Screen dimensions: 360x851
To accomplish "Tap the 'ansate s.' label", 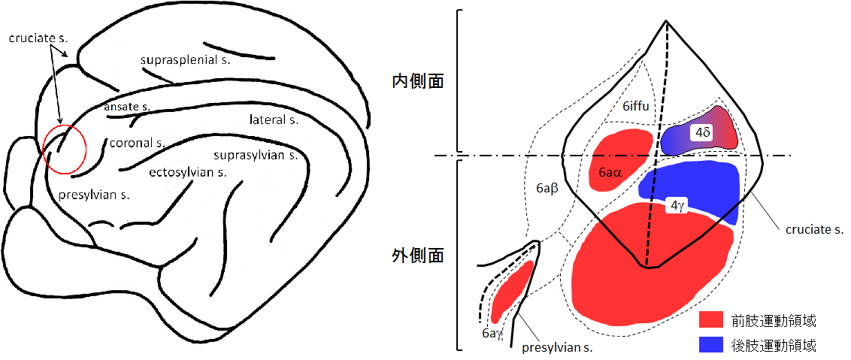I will tap(128, 107).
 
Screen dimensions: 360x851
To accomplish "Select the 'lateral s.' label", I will tap(274, 119).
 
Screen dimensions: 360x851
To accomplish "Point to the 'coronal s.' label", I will tap(136, 143).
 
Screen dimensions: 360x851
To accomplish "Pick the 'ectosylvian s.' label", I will tap(187, 171).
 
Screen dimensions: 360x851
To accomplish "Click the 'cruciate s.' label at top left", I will tap(32, 37).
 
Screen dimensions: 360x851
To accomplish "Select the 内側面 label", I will tap(418, 81).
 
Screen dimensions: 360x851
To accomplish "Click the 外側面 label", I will tap(418, 256).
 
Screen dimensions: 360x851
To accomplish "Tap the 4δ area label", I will tap(702, 132).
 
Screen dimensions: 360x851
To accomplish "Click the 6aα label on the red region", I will tap(610, 172).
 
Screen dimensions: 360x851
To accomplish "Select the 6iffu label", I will tap(635, 107).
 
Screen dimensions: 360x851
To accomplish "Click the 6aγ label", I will tap(492, 331).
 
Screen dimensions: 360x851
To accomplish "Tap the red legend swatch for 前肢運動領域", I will tap(710, 319).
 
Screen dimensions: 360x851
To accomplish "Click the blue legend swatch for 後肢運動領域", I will tap(710, 344).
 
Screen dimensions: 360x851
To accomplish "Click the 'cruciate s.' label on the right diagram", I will tap(813, 228).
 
